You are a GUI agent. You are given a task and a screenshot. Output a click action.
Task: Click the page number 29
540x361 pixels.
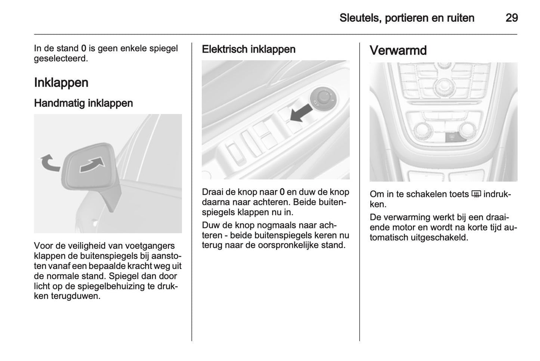click(512, 18)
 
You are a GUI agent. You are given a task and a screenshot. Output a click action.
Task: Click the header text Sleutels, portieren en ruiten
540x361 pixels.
click(407, 18)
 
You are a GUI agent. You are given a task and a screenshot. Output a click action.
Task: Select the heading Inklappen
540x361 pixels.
click(61, 83)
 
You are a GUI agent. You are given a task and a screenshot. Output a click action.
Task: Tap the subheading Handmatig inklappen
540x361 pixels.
click(83, 103)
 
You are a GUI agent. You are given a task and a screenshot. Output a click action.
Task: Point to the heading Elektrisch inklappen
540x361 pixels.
click(249, 49)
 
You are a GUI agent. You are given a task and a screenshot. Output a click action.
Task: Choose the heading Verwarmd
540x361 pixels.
click(398, 50)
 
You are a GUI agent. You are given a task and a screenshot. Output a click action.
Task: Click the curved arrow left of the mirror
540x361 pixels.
click(49, 163)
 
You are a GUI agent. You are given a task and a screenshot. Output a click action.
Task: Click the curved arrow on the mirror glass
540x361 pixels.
click(92, 165)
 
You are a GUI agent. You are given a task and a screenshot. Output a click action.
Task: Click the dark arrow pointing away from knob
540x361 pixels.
click(301, 112)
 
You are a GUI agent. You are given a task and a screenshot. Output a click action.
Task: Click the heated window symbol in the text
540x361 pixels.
click(476, 194)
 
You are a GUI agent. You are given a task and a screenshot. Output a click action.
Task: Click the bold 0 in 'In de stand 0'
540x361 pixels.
click(83, 49)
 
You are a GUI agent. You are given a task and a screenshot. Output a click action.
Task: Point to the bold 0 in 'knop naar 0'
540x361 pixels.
click(282, 192)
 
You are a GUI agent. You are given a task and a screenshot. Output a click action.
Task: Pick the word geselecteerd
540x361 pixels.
click(61, 59)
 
